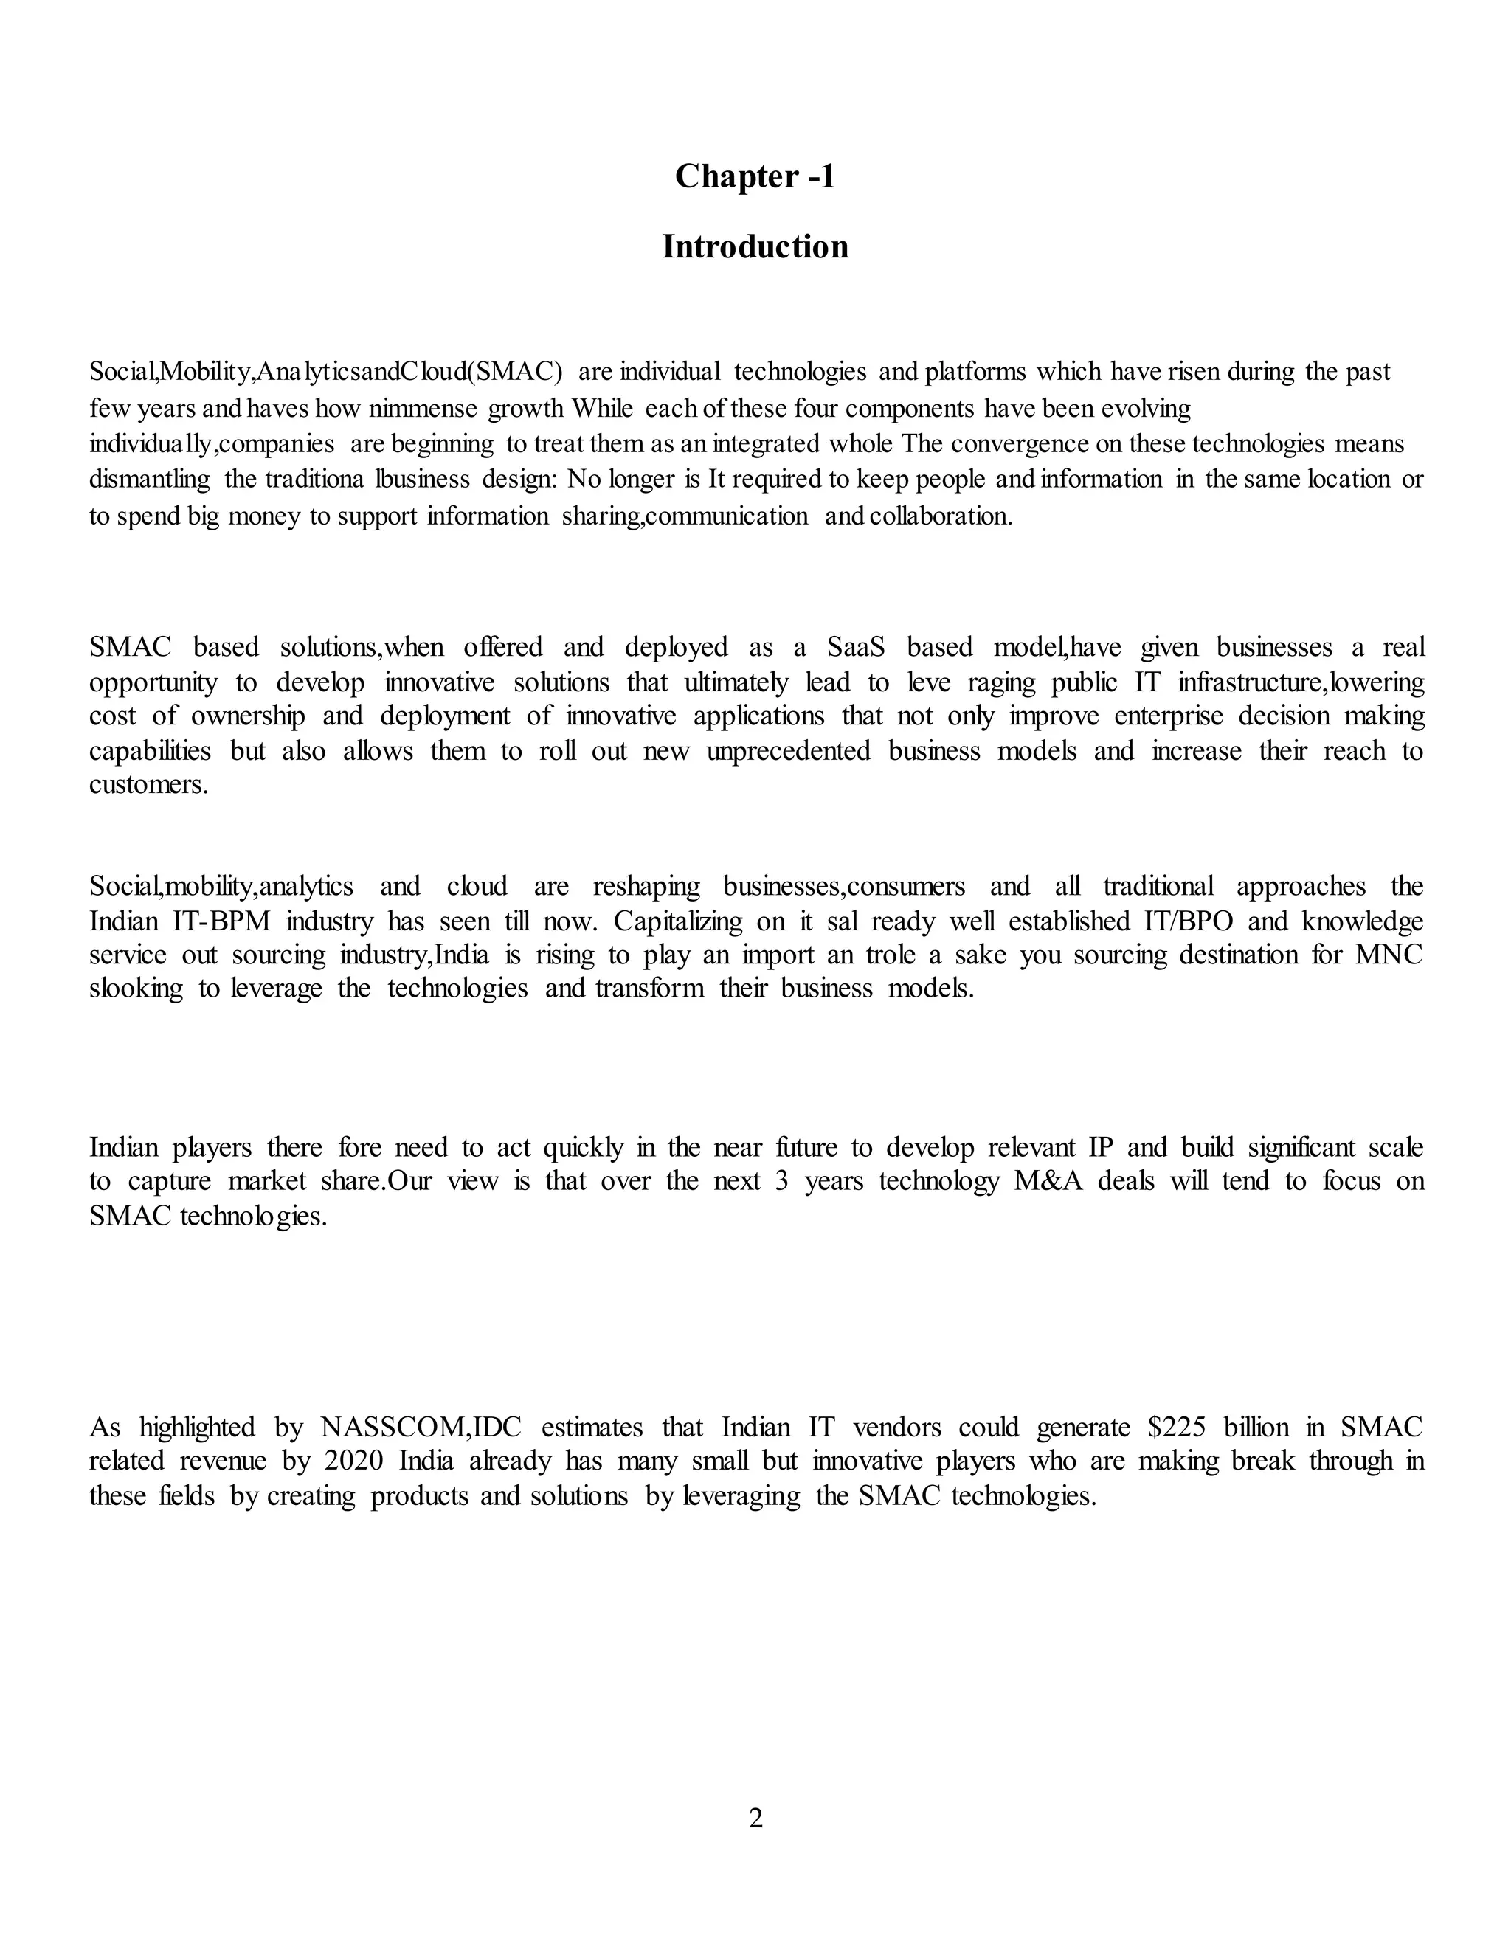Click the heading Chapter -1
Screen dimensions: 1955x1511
[755, 176]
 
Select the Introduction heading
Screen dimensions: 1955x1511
[755, 247]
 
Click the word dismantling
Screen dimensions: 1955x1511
[148, 480]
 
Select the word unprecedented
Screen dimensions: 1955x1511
[788, 751]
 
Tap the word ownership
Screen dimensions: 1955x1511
[247, 716]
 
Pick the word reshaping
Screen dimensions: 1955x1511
[646, 886]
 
